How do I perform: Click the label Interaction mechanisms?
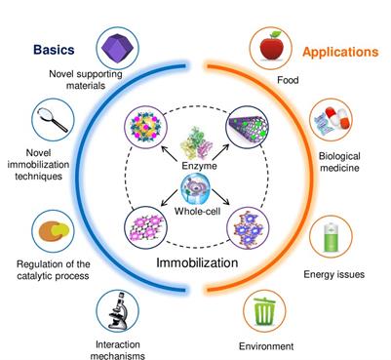tap(119, 350)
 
